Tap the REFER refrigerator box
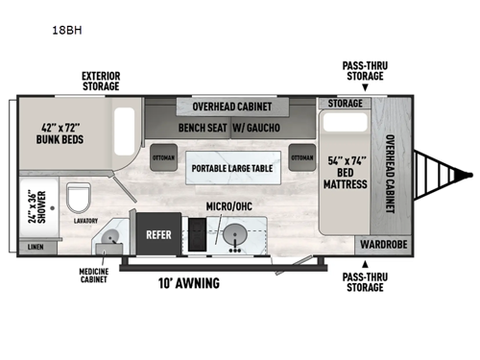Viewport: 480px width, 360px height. (x=158, y=233)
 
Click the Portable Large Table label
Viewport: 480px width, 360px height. (x=231, y=169)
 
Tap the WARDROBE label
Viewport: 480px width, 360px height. (x=384, y=244)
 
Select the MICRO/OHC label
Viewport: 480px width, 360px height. (x=229, y=205)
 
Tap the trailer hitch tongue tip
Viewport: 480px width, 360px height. (x=470, y=175)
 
